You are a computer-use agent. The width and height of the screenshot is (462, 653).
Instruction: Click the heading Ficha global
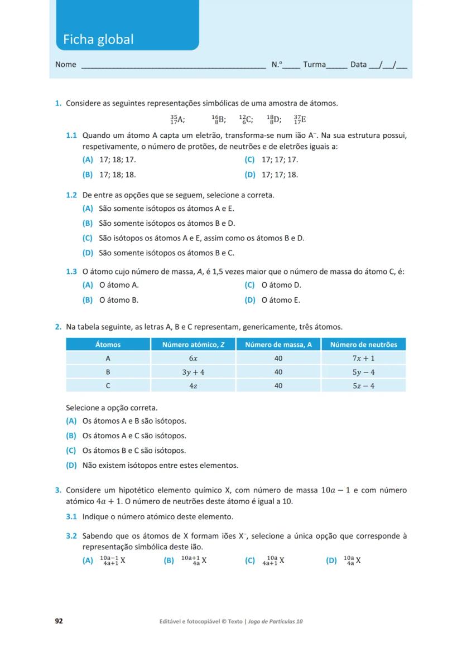(x=98, y=40)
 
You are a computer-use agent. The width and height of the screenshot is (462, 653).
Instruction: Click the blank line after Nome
(x=173, y=65)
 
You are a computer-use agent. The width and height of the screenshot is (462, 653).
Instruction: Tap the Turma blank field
(x=336, y=65)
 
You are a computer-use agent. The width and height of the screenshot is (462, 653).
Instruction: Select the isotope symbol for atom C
(x=246, y=119)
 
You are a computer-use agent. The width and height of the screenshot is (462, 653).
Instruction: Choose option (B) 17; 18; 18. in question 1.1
(x=109, y=175)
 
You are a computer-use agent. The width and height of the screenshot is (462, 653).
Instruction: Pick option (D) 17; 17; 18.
(x=272, y=175)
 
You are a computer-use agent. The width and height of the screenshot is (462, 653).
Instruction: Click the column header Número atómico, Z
(x=193, y=345)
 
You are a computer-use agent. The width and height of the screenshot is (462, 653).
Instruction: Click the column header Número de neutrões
(x=363, y=345)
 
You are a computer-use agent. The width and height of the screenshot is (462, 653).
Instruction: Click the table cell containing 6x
(x=193, y=358)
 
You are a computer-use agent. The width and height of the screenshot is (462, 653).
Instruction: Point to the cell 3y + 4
(x=193, y=372)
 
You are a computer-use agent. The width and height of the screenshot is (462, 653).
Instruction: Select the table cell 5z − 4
(x=363, y=385)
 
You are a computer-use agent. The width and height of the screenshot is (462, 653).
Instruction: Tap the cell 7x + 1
(x=363, y=358)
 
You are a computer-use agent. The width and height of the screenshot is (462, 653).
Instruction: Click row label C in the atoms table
(x=108, y=385)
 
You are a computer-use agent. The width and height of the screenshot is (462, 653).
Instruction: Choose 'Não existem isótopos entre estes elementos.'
(x=152, y=465)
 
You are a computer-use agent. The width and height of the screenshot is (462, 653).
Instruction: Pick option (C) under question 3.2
(x=266, y=560)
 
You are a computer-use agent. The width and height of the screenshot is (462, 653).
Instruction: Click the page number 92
(x=59, y=621)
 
